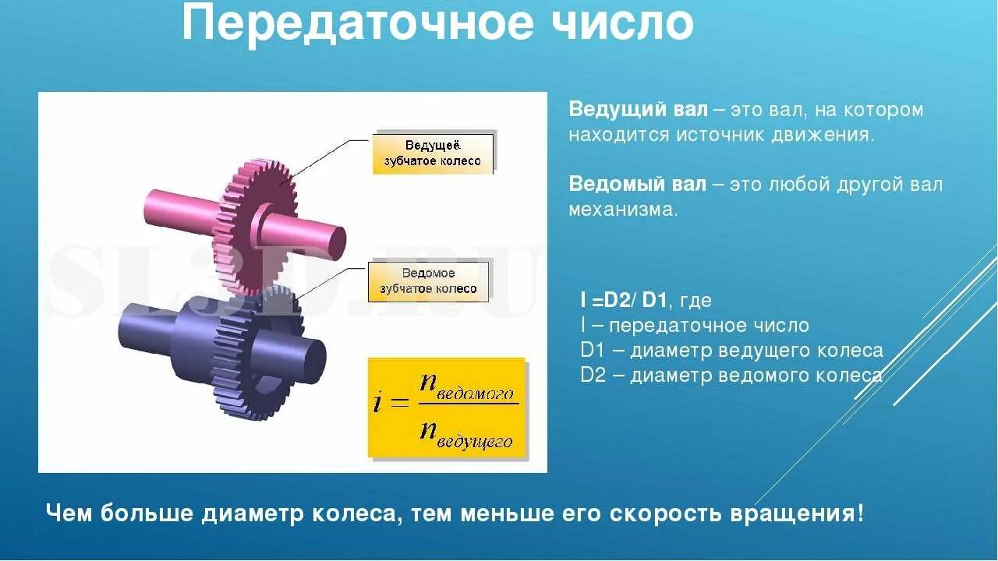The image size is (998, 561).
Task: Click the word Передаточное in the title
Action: (356, 23)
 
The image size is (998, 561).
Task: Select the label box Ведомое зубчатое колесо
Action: (428, 281)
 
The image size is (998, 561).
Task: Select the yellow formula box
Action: (447, 407)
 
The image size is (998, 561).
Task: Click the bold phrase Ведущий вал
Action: (638, 110)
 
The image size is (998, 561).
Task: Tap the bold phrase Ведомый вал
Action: (637, 185)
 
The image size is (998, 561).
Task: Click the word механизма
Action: (622, 210)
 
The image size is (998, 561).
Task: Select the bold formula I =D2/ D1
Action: (624, 300)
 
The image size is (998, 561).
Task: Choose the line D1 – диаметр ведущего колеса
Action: (731, 350)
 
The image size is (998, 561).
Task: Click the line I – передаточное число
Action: (695, 325)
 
